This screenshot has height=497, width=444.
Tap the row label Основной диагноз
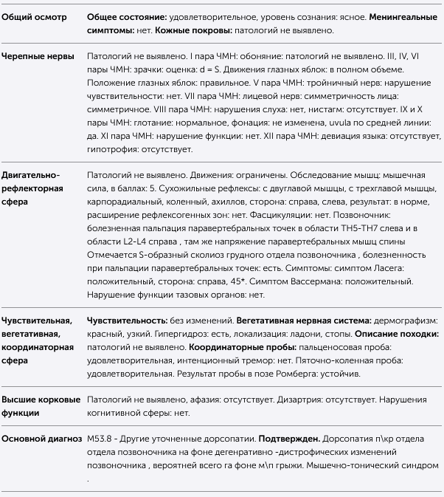[41, 439]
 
